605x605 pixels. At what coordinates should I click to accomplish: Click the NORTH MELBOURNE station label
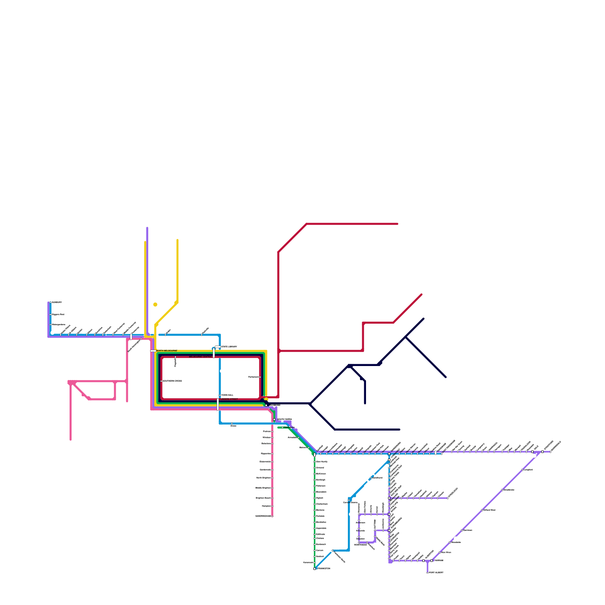tap(166, 351)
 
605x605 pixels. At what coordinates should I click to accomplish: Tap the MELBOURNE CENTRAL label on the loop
tap(200, 357)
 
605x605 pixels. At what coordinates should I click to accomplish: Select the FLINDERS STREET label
tap(229, 399)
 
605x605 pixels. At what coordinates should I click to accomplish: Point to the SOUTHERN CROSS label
tap(172, 381)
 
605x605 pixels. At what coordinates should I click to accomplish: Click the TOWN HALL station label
tap(227, 395)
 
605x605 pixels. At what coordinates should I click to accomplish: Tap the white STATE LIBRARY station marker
tap(217, 347)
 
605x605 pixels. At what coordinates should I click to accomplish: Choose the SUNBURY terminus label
tap(57, 302)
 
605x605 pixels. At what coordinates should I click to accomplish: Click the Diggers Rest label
tap(58, 315)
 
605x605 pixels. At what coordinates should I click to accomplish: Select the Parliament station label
tap(253, 377)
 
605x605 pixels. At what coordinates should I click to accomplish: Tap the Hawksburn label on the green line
tap(289, 427)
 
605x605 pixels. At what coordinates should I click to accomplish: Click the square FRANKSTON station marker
tap(314, 568)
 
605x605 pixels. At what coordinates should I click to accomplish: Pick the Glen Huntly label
tap(321, 462)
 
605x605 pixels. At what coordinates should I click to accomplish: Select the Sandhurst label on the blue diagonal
tap(377, 478)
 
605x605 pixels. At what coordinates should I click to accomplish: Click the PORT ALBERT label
tap(436, 572)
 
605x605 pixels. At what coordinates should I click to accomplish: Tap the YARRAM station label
tap(438, 560)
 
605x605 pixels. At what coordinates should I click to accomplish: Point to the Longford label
tap(528, 470)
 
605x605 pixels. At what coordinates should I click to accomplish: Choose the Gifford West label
tap(489, 510)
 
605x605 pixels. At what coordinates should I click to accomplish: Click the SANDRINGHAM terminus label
tap(263, 516)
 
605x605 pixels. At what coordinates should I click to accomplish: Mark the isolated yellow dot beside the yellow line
tap(155, 304)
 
